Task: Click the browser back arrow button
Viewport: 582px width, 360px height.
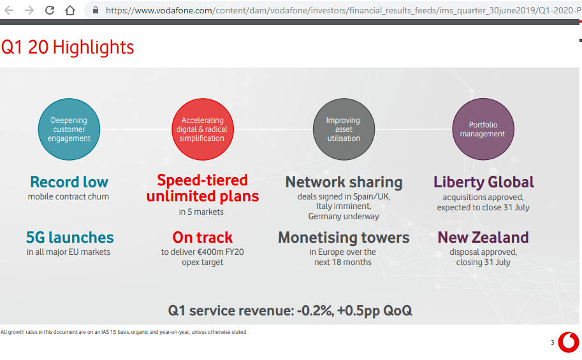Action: (x=9, y=10)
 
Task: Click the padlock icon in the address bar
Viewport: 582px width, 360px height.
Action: (x=96, y=10)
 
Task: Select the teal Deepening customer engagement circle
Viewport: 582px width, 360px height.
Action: (x=69, y=129)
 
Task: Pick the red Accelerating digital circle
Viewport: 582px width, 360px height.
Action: (x=202, y=129)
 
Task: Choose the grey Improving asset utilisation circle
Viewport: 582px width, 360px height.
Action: (x=343, y=129)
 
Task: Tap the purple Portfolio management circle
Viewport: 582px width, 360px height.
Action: (x=483, y=129)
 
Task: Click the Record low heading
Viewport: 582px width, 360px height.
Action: (x=69, y=182)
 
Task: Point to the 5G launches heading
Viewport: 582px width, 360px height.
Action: (x=69, y=238)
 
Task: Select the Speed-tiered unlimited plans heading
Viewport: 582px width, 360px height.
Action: (x=202, y=188)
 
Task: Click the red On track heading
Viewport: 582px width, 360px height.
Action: (x=202, y=238)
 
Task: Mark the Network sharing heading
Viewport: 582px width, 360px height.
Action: (x=344, y=182)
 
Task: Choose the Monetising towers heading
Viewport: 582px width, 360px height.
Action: (x=344, y=238)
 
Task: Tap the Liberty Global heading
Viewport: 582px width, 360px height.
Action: (x=483, y=182)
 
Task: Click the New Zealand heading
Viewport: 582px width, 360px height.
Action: (x=483, y=238)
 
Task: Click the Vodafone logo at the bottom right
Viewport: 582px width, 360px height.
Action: (x=568, y=342)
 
